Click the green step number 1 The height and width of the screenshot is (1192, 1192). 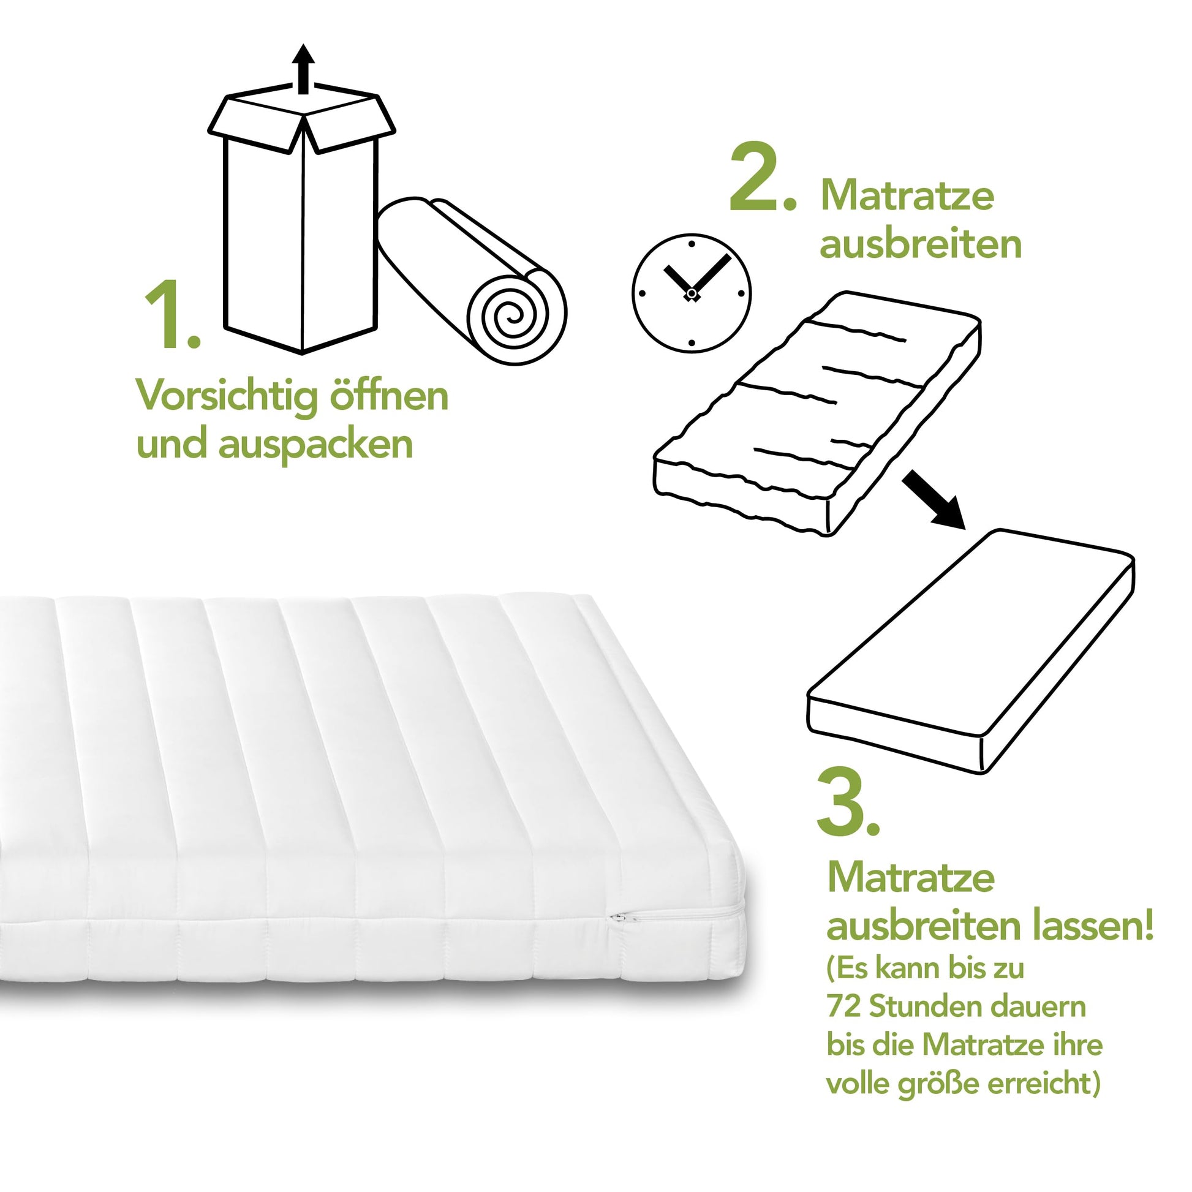(172, 314)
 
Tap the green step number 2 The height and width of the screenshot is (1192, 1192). (763, 176)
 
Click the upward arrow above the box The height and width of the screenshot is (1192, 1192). (303, 69)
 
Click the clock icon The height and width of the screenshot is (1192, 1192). (692, 293)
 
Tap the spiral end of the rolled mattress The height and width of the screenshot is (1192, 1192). (516, 315)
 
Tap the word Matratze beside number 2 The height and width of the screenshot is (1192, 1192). (907, 195)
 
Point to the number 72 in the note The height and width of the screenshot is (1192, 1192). (843, 1006)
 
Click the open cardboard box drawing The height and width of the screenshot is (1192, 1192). (302, 222)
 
